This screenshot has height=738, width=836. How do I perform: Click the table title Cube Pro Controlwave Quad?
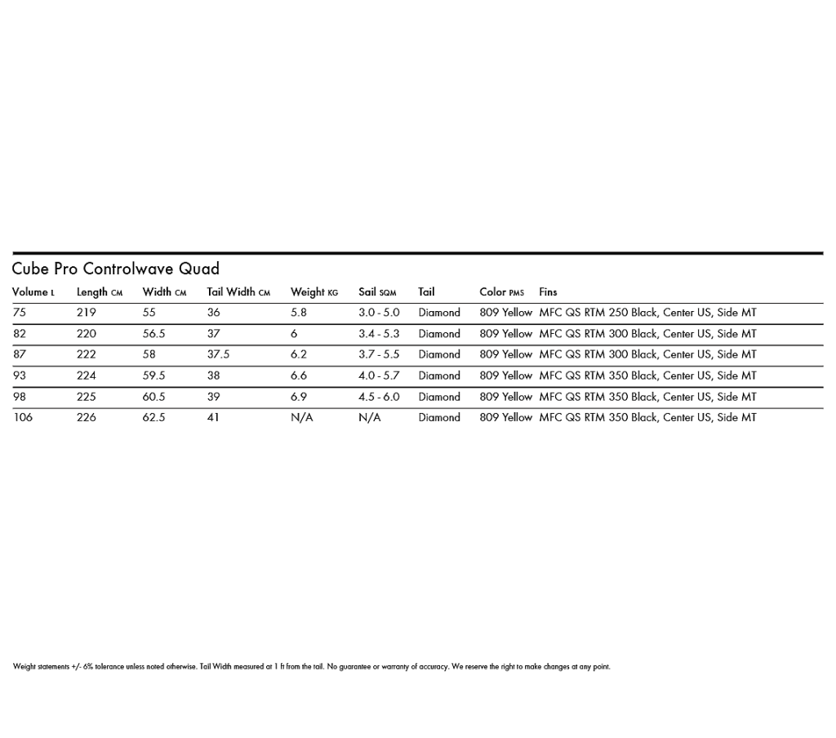pyautogui.click(x=115, y=269)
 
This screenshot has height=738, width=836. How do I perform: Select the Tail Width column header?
pyautogui.click(x=238, y=291)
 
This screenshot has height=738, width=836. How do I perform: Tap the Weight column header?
pyautogui.click(x=313, y=291)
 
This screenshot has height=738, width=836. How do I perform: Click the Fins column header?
pyautogui.click(x=548, y=291)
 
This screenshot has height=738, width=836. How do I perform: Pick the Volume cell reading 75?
pyautogui.click(x=19, y=313)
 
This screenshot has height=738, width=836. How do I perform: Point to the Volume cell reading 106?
pyautogui.click(x=23, y=417)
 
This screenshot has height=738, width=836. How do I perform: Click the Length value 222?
pyautogui.click(x=86, y=354)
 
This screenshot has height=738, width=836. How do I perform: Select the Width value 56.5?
pyautogui.click(x=153, y=334)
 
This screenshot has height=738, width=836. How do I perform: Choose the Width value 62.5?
pyautogui.click(x=153, y=417)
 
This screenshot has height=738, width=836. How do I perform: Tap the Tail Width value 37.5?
pyautogui.click(x=218, y=354)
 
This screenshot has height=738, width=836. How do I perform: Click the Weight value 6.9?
pyautogui.click(x=299, y=397)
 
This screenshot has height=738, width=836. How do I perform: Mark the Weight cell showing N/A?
pyautogui.click(x=301, y=417)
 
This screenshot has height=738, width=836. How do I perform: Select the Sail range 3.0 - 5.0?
pyautogui.click(x=379, y=313)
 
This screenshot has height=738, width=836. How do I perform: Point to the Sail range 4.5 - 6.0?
pyautogui.click(x=379, y=397)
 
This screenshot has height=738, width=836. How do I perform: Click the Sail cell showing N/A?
pyautogui.click(x=369, y=417)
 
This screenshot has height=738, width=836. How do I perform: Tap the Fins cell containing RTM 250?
pyautogui.click(x=647, y=313)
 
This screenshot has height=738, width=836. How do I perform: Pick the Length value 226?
pyautogui.click(x=86, y=417)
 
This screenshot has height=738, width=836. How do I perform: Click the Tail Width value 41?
pyautogui.click(x=213, y=417)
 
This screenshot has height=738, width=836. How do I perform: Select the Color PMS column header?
pyautogui.click(x=501, y=291)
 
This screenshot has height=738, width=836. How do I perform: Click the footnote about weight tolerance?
pyautogui.click(x=311, y=667)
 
